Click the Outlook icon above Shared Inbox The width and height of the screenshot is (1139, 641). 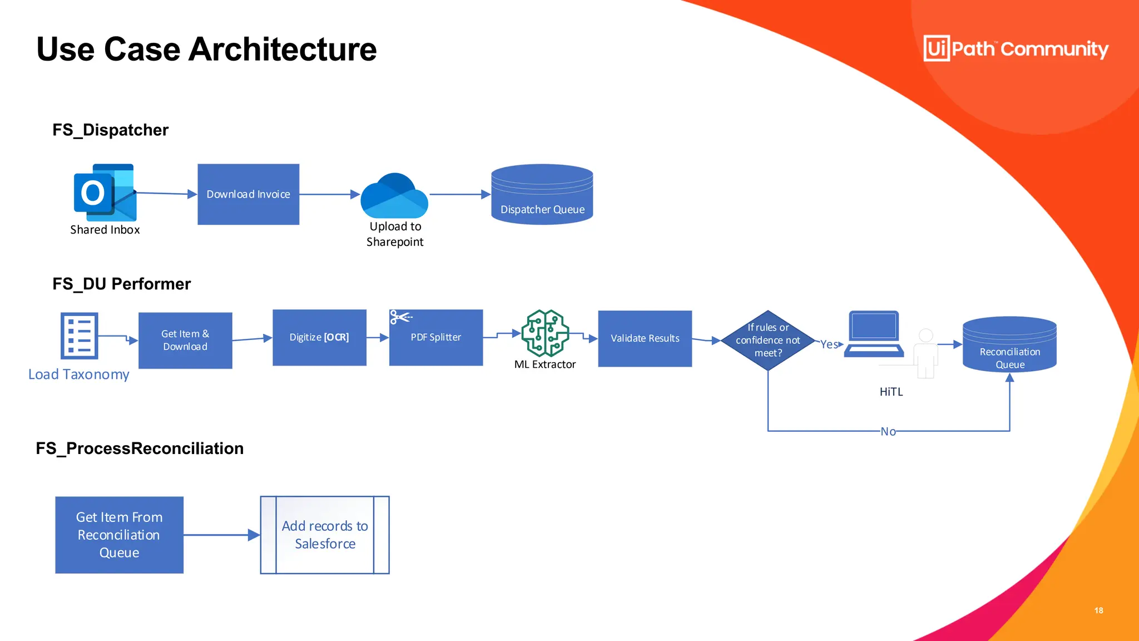[105, 193]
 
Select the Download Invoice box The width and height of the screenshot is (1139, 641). [248, 194]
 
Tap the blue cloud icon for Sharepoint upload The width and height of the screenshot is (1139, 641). [394, 196]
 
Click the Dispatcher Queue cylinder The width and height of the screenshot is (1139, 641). [542, 195]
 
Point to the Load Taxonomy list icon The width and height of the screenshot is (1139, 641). [79, 336]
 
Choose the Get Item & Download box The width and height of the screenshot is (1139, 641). [185, 340]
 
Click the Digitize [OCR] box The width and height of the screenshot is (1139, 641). [319, 337]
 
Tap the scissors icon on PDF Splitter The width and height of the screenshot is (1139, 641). [400, 317]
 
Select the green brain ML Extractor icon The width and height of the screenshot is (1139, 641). [545, 333]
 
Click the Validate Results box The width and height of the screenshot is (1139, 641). [645, 338]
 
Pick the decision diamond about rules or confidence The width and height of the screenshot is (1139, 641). [767, 340]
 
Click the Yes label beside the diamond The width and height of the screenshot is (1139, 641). [829, 344]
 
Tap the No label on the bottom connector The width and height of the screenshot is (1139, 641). [888, 431]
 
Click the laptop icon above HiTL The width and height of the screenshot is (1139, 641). [874, 334]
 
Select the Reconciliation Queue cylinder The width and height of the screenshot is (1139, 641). [1009, 345]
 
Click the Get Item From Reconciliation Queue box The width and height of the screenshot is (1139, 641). [119, 535]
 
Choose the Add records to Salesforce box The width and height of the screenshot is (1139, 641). [325, 535]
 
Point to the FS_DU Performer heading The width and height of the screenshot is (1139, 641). [121, 284]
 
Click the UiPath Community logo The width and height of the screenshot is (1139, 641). [1016, 48]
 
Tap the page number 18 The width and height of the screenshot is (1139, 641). [1098, 610]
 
